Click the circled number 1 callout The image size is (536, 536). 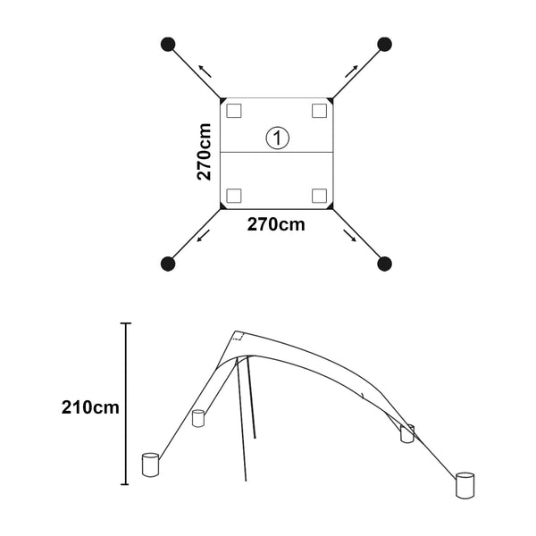(x=278, y=138)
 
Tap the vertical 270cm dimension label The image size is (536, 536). (x=205, y=152)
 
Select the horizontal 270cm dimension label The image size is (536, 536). (x=276, y=225)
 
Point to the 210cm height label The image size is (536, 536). (x=90, y=408)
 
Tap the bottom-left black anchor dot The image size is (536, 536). (x=167, y=264)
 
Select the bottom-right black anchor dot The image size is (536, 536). (x=385, y=264)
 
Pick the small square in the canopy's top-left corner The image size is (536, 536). (x=234, y=111)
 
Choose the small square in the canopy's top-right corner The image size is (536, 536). (x=319, y=111)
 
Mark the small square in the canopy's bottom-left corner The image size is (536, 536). (x=234, y=196)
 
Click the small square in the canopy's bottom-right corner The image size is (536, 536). (x=319, y=196)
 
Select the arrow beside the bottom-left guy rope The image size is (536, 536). (x=204, y=236)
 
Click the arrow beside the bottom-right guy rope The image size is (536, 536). (x=350, y=237)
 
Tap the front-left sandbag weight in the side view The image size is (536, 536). (x=150, y=465)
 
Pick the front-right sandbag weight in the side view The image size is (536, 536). (x=466, y=484)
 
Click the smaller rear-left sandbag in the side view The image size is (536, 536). (x=198, y=417)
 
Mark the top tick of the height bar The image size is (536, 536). (x=126, y=323)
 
